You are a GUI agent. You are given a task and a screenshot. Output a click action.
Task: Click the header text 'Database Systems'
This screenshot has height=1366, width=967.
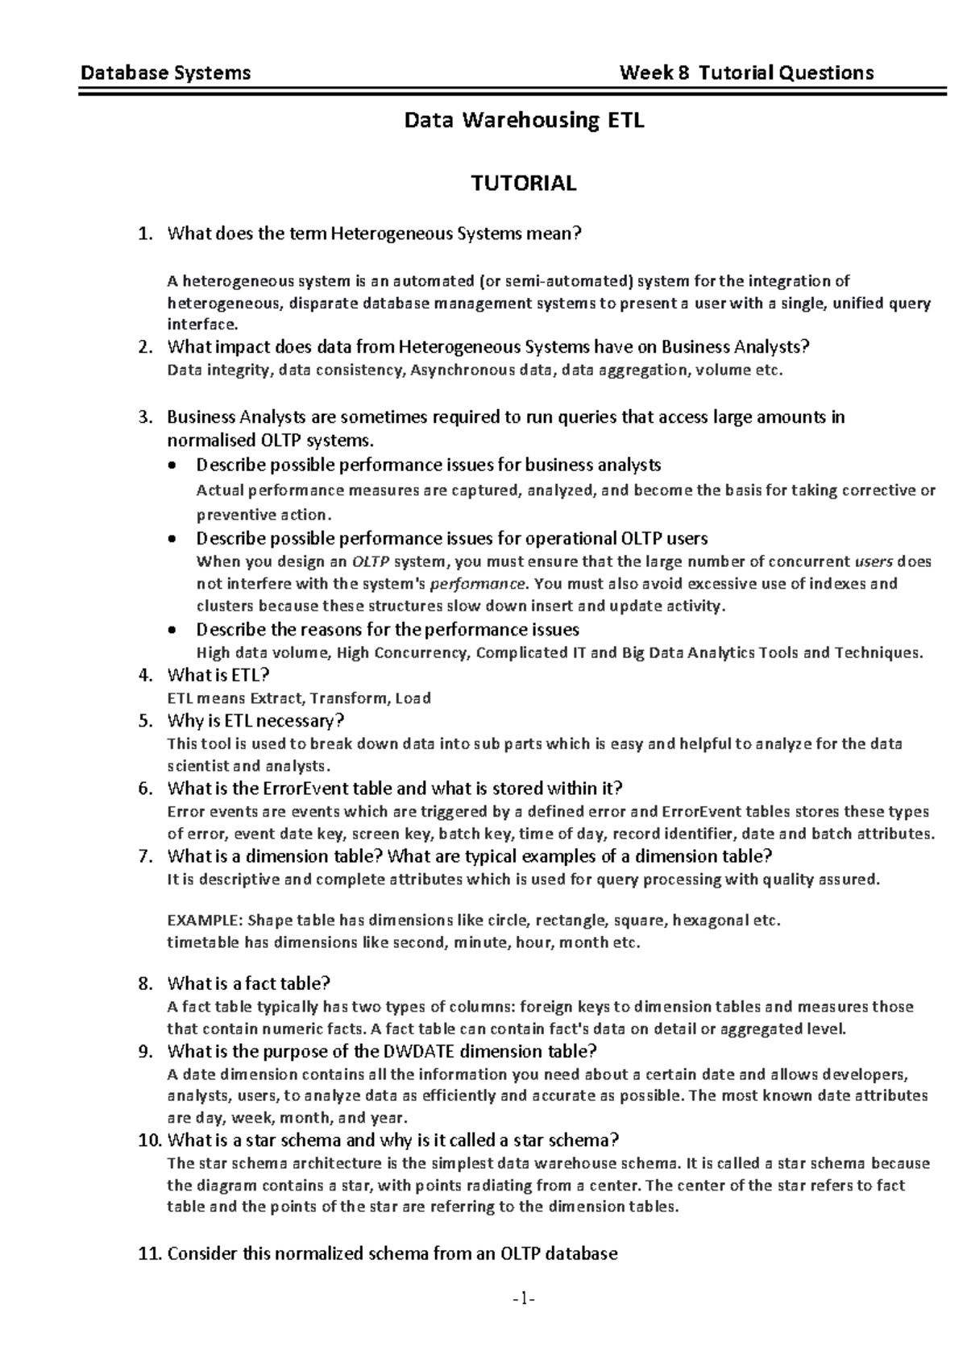[x=165, y=73]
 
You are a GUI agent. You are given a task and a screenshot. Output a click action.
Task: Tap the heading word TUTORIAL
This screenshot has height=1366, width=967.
[x=524, y=184]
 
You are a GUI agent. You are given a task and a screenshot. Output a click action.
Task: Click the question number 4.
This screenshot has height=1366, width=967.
[x=145, y=675]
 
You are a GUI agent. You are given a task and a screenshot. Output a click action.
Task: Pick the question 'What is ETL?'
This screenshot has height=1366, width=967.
[x=218, y=675]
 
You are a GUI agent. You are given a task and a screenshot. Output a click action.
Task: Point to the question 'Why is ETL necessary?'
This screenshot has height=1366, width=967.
[x=255, y=720]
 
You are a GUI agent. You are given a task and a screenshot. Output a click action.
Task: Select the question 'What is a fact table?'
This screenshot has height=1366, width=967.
[x=249, y=983]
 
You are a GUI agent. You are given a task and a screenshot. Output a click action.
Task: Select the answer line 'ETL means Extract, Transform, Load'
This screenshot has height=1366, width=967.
[x=298, y=698]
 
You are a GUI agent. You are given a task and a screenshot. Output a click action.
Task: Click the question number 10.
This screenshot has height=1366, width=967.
[x=149, y=1140]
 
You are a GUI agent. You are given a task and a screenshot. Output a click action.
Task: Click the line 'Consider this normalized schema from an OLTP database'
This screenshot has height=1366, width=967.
[x=392, y=1253]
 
